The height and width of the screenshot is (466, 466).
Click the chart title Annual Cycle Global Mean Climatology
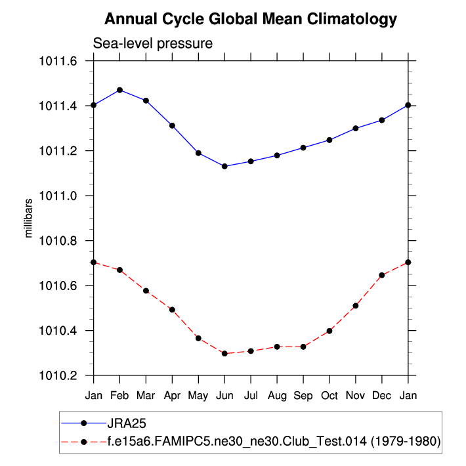tap(251, 19)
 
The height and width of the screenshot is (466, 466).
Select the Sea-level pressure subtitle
tap(153, 44)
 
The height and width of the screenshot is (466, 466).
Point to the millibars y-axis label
tap(28, 217)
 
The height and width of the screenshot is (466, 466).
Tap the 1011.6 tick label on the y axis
tap(60, 61)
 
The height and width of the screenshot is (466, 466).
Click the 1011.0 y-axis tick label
tap(60, 196)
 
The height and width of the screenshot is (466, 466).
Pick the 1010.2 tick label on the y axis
tap(60, 375)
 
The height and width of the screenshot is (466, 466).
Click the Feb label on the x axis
tap(119, 396)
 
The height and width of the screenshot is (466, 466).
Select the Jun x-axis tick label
tap(224, 396)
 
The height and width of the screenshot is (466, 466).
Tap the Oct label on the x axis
tap(329, 396)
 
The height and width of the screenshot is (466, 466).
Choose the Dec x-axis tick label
tap(382, 396)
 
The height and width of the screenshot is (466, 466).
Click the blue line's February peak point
tap(119, 90)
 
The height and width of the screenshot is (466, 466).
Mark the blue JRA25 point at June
tap(224, 166)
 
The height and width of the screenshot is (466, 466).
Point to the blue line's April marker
tap(172, 125)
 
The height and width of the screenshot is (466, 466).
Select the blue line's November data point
tap(356, 128)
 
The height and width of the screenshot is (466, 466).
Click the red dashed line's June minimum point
tap(224, 354)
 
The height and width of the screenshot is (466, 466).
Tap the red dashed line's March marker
tap(146, 291)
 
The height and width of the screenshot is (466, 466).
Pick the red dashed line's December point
tap(382, 275)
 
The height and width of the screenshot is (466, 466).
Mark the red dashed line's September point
tap(303, 347)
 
